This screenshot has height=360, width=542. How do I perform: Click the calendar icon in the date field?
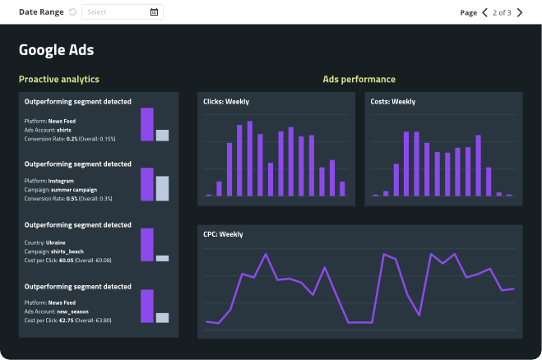154,12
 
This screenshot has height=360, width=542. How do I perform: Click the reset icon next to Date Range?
72,12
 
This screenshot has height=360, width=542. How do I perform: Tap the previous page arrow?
484,12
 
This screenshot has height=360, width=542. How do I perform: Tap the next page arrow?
519,12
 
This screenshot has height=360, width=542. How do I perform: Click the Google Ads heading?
56,50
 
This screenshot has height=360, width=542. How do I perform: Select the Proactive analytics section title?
58,80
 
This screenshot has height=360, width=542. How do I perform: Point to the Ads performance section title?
359,80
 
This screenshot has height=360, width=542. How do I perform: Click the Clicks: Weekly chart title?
226,102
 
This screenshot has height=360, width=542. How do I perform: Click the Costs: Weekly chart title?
393,102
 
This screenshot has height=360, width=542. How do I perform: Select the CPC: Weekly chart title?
224,234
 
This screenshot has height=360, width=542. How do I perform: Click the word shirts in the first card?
63,130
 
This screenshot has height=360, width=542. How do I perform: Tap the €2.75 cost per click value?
68,321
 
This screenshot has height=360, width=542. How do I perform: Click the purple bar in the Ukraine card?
147,245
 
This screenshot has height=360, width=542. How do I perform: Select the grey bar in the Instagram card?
162,189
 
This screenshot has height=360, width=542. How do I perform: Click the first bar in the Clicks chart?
209,195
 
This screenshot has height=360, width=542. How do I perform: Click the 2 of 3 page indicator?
502,12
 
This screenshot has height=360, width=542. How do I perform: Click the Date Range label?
41,12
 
